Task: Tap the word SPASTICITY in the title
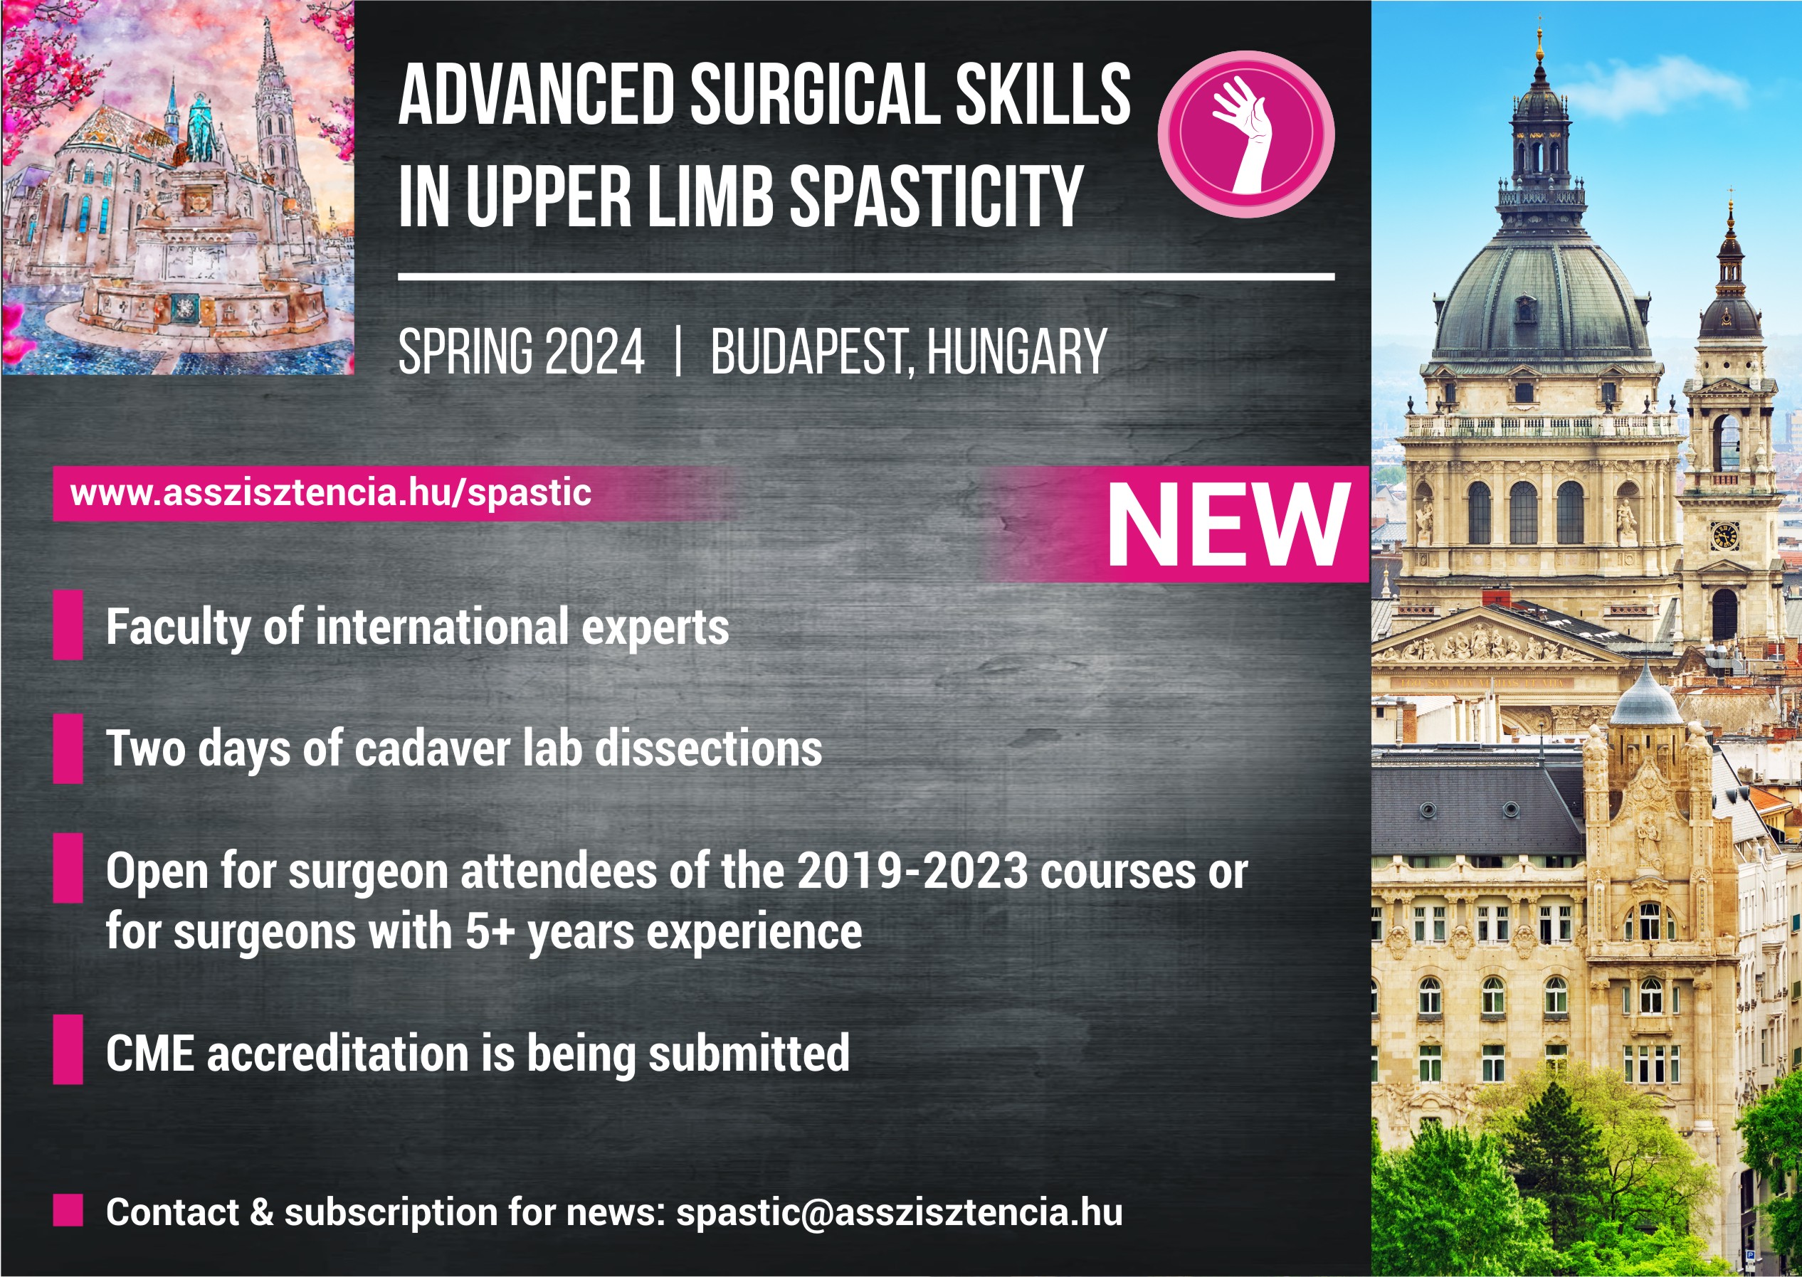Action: click(x=937, y=196)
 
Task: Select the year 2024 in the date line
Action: click(x=595, y=351)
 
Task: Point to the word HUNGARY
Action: click(x=1017, y=351)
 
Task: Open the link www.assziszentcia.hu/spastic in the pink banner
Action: click(x=330, y=493)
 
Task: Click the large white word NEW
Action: click(x=1228, y=524)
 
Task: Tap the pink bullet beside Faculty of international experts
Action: click(x=68, y=625)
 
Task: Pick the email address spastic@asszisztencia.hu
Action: click(x=900, y=1212)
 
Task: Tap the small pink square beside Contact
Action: click(x=68, y=1210)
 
